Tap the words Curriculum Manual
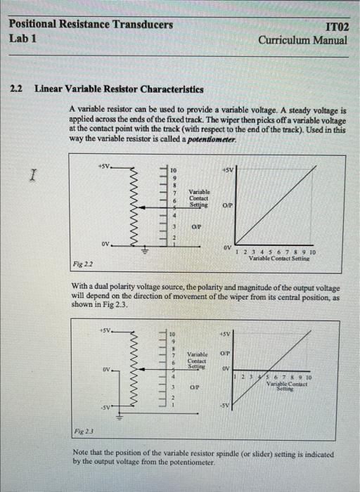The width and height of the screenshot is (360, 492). pos(302,41)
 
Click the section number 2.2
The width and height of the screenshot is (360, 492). pos(17,89)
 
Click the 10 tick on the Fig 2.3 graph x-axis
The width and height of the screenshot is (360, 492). pos(311,378)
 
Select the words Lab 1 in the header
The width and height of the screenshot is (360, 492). pos(23,39)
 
